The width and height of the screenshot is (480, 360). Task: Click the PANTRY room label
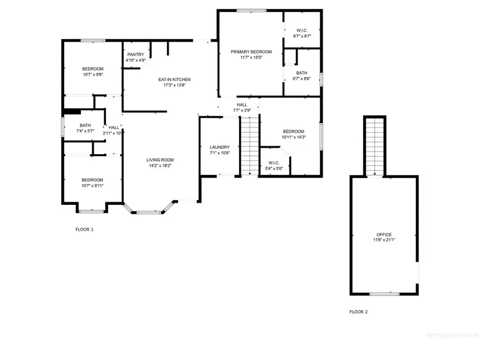(x=135, y=54)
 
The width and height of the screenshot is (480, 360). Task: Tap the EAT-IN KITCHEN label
(x=174, y=79)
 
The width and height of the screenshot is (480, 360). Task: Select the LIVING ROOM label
(x=160, y=160)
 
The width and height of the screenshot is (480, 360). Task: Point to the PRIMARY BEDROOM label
(x=251, y=52)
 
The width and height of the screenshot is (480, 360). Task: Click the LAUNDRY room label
(x=220, y=147)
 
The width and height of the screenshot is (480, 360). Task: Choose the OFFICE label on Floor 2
(x=384, y=235)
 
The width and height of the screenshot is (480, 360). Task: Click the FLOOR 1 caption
(x=84, y=229)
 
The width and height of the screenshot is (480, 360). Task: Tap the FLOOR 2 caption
(x=358, y=312)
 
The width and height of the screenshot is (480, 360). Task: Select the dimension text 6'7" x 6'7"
(x=302, y=36)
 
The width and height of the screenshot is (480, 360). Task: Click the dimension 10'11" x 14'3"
(x=293, y=137)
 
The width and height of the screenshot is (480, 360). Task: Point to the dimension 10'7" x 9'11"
(x=92, y=186)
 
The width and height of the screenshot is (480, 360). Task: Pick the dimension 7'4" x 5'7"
(x=85, y=131)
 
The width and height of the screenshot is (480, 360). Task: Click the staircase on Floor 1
(x=250, y=146)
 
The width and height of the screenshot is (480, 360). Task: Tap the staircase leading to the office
(x=375, y=147)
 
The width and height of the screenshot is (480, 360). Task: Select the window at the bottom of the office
(x=385, y=294)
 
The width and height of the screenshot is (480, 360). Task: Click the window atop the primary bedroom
(x=251, y=11)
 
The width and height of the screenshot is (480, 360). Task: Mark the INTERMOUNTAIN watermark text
(x=453, y=335)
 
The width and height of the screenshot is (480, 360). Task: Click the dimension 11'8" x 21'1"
(x=384, y=240)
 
